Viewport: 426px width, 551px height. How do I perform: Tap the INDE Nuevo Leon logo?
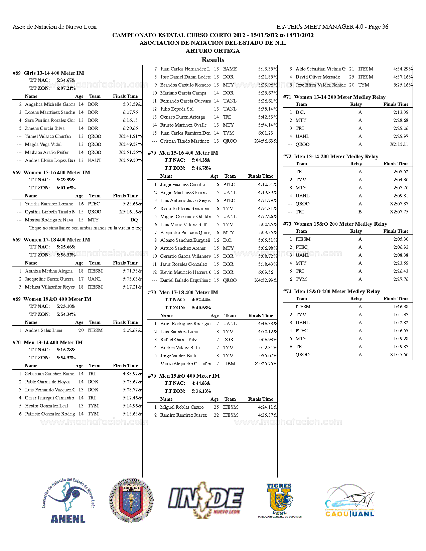pos(205,500)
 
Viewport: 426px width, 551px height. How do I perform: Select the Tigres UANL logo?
pos(280,500)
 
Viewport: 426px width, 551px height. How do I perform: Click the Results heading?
pos(213,60)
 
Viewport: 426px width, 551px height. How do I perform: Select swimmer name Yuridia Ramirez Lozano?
pos(49,204)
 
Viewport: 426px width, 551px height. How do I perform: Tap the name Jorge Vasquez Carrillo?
pos(182,184)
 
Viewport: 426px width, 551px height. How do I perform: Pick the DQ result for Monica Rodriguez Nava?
pos(134,220)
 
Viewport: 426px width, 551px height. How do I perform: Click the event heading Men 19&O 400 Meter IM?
pos(189,376)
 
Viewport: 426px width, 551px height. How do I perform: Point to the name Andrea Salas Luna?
pos(43,330)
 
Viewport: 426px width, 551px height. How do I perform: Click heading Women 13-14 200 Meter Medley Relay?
pos(339,97)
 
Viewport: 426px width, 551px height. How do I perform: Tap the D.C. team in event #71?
pos(300,112)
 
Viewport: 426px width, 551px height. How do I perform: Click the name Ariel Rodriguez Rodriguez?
pos(185,324)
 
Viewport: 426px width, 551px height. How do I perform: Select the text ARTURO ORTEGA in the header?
pos(213,51)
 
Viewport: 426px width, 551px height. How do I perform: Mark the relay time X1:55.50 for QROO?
pos(399,355)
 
